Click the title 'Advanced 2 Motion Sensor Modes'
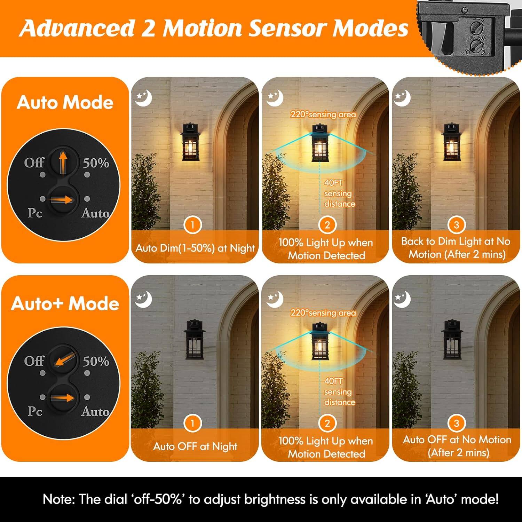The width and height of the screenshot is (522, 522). pos(214,28)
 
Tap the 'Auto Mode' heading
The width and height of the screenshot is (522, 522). pos(65,102)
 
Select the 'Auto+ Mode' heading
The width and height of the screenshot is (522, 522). pos(65,303)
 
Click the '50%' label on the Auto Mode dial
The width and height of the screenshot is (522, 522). pos(96,163)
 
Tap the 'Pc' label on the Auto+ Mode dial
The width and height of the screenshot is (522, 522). pos(35,411)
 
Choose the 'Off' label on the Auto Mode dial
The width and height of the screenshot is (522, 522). pos(34,163)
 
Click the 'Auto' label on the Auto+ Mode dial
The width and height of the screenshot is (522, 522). pos(95,411)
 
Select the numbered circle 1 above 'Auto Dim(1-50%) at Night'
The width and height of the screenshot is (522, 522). pos(192,225)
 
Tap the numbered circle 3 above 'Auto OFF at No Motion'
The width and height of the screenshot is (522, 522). pos(456,423)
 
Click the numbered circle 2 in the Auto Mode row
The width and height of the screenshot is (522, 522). pos(327,225)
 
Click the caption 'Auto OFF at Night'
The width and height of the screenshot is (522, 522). pos(195,446)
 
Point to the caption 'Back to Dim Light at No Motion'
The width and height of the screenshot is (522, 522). pos(456,247)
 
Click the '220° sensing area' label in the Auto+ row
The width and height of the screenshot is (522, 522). pos(323,313)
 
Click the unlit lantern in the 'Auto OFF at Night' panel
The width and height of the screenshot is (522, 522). pos(194,339)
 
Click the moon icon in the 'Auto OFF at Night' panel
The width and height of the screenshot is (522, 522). pos(144,300)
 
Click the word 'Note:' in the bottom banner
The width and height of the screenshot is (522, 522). pos(58,499)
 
